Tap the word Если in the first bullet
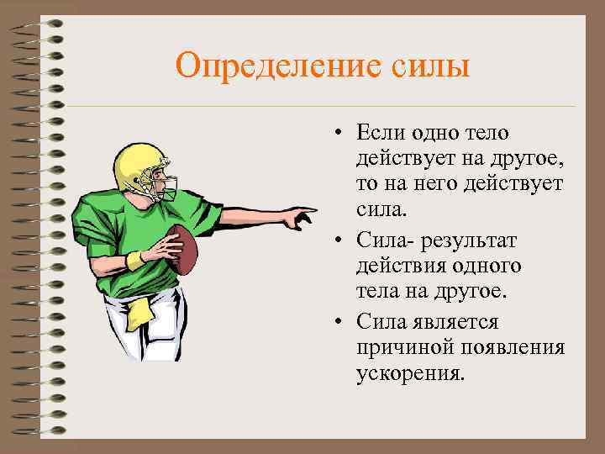[379, 133]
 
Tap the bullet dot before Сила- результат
[335, 242]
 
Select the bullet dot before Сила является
[335, 323]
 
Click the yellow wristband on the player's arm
[135, 260]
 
